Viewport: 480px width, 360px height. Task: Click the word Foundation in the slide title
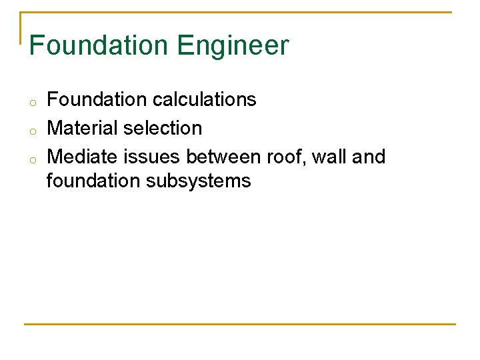point(99,45)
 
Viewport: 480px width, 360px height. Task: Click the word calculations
point(204,99)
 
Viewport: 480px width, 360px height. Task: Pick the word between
point(223,157)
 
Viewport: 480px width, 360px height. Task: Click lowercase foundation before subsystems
point(94,181)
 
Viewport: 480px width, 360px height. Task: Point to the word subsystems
point(198,181)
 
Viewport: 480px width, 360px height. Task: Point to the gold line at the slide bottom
point(240,324)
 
